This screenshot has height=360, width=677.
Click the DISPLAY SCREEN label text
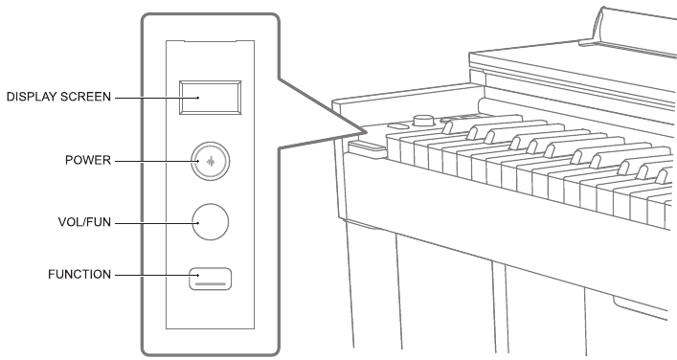[x=58, y=97]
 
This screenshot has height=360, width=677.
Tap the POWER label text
[x=88, y=160]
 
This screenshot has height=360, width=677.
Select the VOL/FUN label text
[x=84, y=222]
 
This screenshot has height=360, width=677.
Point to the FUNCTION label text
[x=79, y=274]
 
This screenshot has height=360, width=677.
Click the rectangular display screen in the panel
[x=211, y=98]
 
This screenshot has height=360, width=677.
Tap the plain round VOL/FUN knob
[x=211, y=222]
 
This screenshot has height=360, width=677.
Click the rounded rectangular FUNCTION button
[x=211, y=279]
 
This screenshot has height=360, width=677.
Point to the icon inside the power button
[x=211, y=162]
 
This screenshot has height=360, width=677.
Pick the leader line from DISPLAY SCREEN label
[x=157, y=98]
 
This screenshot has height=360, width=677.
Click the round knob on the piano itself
[x=423, y=120]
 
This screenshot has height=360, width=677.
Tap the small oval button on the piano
[x=398, y=126]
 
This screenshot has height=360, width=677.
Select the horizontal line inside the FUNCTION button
[x=211, y=284]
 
